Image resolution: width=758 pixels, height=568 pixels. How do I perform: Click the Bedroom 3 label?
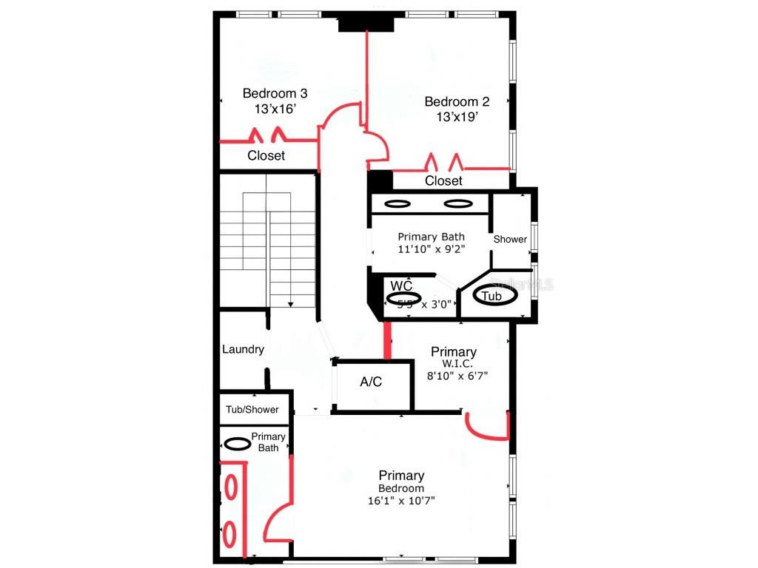(x=275, y=94)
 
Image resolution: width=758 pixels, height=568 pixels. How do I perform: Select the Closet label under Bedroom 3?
(x=266, y=156)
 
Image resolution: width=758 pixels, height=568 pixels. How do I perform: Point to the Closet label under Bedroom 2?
(x=443, y=180)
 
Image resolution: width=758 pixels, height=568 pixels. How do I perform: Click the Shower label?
(x=510, y=239)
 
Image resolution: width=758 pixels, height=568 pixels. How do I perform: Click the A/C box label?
(x=371, y=382)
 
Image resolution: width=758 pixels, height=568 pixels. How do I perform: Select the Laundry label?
(x=243, y=349)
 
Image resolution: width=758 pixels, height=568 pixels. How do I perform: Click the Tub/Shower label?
(x=252, y=410)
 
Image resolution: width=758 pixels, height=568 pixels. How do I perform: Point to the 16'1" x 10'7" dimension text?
(x=401, y=501)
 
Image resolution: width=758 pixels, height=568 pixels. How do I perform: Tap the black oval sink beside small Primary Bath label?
(x=237, y=444)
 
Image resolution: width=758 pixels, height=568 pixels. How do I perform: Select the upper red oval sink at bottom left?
(x=230, y=486)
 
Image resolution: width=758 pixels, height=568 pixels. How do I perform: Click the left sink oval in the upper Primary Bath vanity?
(x=398, y=203)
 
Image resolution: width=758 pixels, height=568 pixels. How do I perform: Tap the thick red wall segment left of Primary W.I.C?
(x=386, y=341)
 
